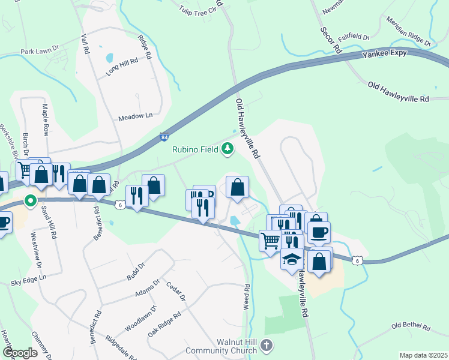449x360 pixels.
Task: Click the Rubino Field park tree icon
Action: [227, 148]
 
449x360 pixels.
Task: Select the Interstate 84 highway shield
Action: [164, 137]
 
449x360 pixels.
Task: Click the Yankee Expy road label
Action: [385, 54]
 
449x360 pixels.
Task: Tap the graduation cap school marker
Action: [292, 259]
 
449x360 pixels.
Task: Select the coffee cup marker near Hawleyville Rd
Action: [318, 230]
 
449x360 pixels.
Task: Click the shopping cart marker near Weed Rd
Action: [271, 240]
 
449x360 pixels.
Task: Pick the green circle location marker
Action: [29, 200]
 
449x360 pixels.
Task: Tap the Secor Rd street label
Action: [330, 40]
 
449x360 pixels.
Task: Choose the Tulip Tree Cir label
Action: [199, 9]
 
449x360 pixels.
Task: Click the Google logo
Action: [20, 353]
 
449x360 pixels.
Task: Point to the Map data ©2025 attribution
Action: [423, 355]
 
